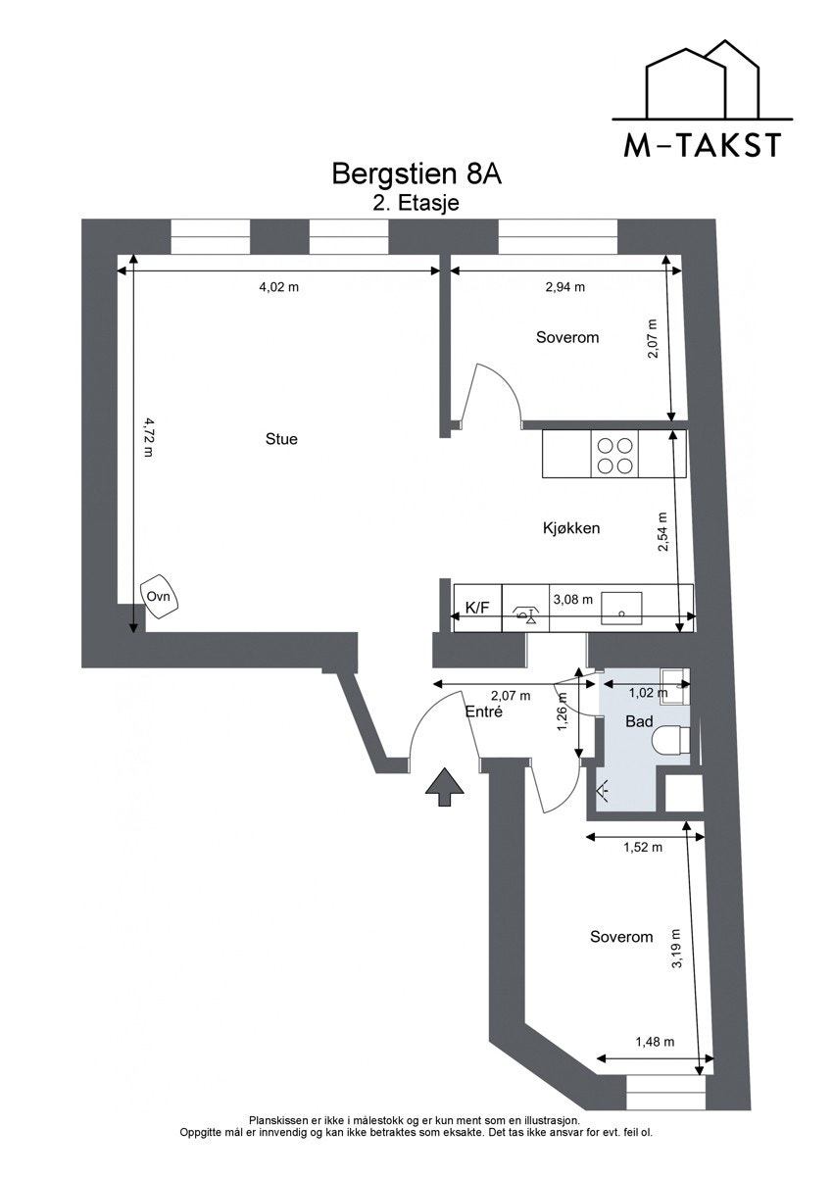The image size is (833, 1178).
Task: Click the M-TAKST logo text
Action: [703, 144]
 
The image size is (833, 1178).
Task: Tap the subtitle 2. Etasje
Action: [416, 204]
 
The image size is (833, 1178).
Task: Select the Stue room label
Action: [281, 439]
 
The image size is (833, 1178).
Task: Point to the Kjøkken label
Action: [571, 528]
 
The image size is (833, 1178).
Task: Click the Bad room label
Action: [639, 721]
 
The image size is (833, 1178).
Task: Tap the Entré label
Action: [484, 712]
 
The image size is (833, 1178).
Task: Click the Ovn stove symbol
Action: [160, 597]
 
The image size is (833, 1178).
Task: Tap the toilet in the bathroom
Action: [674, 741]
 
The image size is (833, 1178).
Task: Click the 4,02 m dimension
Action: [278, 287]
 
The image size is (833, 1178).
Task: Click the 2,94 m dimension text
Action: [564, 287]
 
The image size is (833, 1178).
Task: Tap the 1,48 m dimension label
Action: [655, 1043]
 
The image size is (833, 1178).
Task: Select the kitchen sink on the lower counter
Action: [621, 608]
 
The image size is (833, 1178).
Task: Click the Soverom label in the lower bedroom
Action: [621, 937]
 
